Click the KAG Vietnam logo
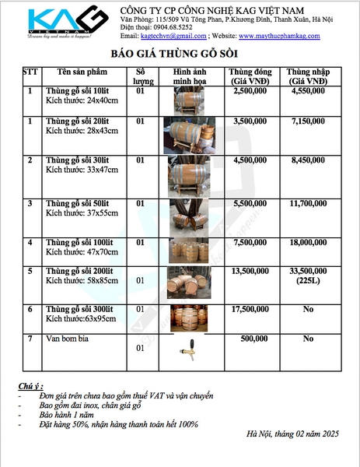click(68, 22)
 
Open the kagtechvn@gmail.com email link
click(173, 36)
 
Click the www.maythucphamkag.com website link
click(279, 36)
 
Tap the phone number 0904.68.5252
click(173, 27)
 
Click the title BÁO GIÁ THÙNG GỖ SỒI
click(174, 54)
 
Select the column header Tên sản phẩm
click(82, 72)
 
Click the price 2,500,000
click(250, 91)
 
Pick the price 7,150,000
click(308, 121)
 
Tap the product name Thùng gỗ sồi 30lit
click(77, 160)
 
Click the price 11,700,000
click(308, 204)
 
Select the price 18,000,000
click(308, 242)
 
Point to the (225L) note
click(308, 281)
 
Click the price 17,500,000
click(250, 309)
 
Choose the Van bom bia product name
click(67, 339)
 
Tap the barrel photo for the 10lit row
click(189, 100)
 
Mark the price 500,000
click(254, 339)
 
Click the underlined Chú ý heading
click(30, 387)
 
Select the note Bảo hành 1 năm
click(66, 415)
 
